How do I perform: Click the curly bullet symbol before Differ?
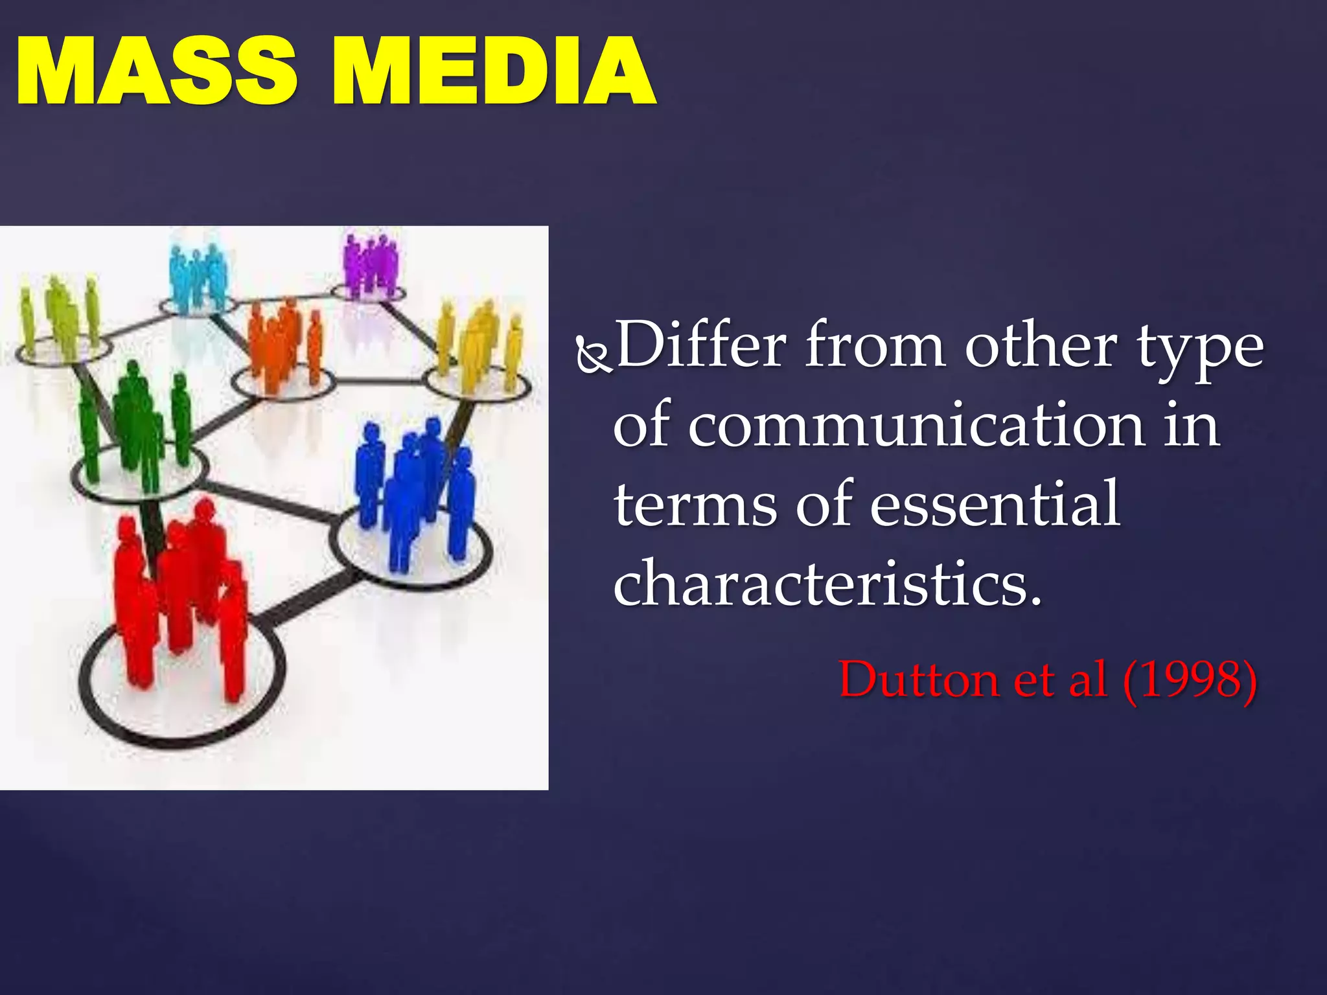[x=593, y=356]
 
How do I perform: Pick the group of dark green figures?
[x=136, y=421]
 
